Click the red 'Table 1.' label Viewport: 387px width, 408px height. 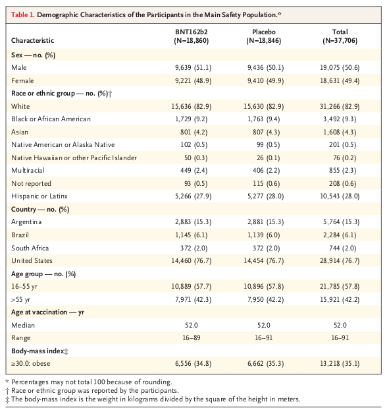pos(22,15)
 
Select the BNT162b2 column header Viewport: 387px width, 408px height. pos(192,36)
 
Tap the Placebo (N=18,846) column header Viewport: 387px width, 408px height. pos(264,36)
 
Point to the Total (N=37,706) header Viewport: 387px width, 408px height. pos(340,36)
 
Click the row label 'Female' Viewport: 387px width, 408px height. pos(22,80)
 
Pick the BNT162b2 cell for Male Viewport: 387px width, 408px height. pos(193,68)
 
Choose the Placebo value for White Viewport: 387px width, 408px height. pos(263,106)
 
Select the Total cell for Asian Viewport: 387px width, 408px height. pos(340,132)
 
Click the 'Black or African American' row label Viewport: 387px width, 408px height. pos(51,119)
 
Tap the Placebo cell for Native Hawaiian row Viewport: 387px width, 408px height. pos(268,158)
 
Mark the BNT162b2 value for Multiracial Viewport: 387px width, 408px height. pos(194,171)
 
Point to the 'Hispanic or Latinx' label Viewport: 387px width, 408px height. pos(39,196)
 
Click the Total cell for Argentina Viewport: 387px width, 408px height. pos(341,222)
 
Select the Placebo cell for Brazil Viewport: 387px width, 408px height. pos(263,235)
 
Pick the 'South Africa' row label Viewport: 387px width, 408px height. pos(30,248)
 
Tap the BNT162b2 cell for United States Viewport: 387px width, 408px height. pos(192,261)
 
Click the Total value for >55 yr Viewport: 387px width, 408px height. pos(340,299)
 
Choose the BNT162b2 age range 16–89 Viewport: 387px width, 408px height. pos(192,337)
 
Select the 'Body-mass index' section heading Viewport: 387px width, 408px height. pos(39,351)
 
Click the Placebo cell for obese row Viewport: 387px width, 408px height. pos(266,363)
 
